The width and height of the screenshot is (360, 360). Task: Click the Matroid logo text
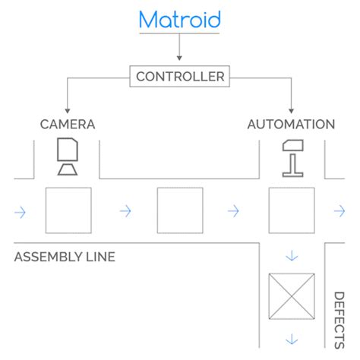coord(180,20)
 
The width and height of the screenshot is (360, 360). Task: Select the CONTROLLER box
coord(180,77)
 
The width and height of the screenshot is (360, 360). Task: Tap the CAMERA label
coord(68,125)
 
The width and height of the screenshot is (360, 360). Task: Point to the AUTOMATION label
coord(291,125)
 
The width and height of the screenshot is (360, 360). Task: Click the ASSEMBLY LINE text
coord(65,257)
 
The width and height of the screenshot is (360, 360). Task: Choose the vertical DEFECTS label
coord(339,321)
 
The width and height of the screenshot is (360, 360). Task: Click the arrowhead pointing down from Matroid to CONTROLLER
coord(179,58)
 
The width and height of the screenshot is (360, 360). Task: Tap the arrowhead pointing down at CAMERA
coord(68,111)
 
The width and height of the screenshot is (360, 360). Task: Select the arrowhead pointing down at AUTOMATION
coord(291,111)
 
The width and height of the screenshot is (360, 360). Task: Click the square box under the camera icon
coord(68,210)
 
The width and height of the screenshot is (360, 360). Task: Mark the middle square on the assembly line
coord(180,210)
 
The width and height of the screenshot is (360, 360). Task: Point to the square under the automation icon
coord(292,210)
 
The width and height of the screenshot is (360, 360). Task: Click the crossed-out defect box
coord(292,296)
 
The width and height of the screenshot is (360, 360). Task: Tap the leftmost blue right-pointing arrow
coord(20,212)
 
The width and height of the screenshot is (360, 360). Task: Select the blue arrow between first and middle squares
coord(125,211)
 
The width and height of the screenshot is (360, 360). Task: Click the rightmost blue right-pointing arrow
coord(339,211)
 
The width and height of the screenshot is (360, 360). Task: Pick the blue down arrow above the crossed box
coord(292,256)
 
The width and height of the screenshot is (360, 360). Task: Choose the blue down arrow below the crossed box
coord(292,339)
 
